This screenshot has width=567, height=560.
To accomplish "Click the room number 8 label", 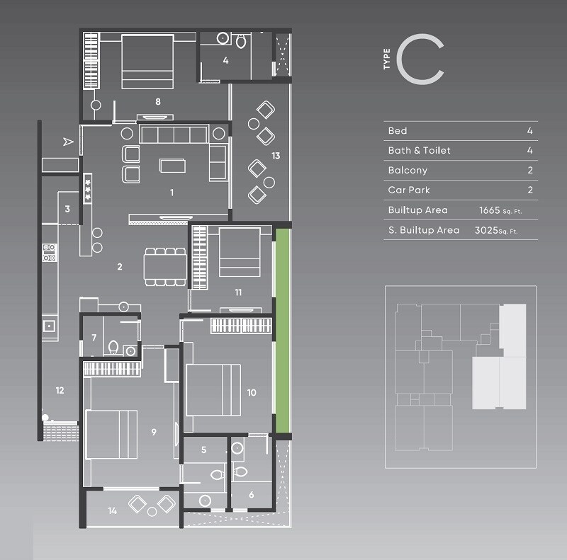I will (x=158, y=102).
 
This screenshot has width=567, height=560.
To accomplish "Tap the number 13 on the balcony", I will (x=276, y=155).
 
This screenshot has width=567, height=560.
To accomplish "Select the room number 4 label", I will (x=225, y=61).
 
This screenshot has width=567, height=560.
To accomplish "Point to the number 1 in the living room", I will (x=172, y=192).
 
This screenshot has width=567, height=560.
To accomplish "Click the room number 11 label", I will (x=239, y=292).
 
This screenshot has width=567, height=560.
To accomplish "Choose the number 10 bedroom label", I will (x=251, y=392).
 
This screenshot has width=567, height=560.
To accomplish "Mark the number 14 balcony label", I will (x=113, y=510).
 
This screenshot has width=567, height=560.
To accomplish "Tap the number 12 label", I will (x=60, y=390).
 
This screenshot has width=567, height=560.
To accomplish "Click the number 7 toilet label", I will (x=94, y=337).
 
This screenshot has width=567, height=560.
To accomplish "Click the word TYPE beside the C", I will (x=386, y=62).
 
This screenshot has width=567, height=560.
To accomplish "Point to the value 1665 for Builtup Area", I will (x=490, y=210).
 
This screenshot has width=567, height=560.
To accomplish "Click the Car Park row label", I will (x=409, y=190).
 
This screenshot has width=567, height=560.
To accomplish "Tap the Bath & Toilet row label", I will (x=419, y=151).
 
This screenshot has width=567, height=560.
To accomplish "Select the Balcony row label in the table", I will (x=407, y=171).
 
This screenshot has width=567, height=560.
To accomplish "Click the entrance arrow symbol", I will (x=68, y=142).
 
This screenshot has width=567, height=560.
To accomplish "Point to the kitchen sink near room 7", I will (x=49, y=326).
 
